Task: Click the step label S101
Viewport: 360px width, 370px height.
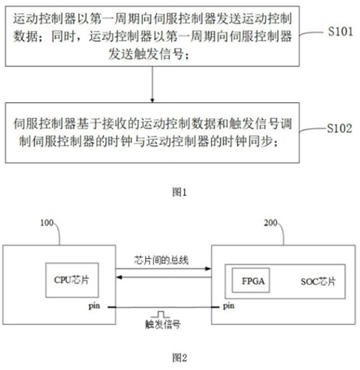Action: click(340, 32)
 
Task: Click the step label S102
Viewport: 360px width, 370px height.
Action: click(339, 128)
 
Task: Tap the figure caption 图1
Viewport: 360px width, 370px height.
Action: click(179, 192)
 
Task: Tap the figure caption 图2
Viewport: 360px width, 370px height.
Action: click(179, 357)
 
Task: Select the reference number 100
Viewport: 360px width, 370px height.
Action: click(47, 223)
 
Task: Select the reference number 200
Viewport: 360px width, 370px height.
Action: click(270, 223)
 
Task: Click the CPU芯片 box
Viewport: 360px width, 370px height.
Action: click(72, 280)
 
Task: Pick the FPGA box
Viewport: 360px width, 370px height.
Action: click(250, 280)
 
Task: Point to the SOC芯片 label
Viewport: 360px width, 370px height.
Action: click(318, 281)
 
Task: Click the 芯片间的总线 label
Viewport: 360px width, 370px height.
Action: click(161, 260)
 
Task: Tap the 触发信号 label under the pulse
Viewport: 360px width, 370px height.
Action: click(162, 324)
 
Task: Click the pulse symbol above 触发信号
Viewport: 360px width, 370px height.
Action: click(161, 314)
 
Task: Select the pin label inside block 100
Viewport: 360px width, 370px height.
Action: click(94, 306)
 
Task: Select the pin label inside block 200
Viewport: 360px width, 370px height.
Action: click(229, 306)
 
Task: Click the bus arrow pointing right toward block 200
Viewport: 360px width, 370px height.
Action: click(164, 269)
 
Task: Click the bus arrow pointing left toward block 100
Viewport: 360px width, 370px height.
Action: click(164, 277)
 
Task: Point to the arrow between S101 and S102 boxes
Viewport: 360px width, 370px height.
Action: click(153, 84)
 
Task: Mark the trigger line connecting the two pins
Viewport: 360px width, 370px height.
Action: click(164, 307)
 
